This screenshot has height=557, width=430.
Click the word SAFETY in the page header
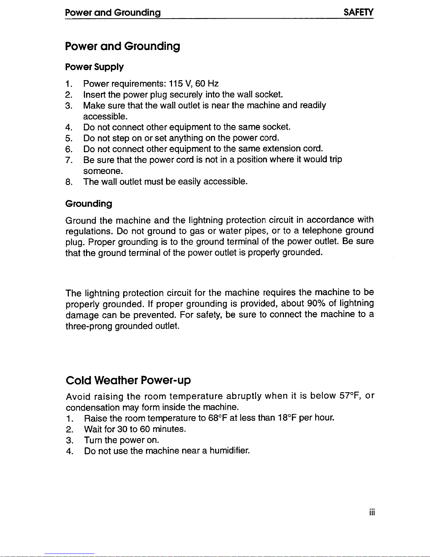pos(358,13)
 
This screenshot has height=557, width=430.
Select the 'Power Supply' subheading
pos(94,67)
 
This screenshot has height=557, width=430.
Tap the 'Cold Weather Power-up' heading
pos(128,380)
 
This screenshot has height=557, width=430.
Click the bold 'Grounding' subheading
pos(89,204)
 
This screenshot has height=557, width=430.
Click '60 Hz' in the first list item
pos(207,84)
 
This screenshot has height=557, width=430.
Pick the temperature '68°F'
pos(218,418)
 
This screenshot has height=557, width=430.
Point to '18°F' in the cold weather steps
pos(287,418)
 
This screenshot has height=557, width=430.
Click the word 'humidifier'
pos(230,451)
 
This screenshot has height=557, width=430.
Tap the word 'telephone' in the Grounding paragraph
pos(322,231)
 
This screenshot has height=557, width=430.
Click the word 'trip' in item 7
pos(336,160)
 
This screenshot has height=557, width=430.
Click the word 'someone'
pos(103,171)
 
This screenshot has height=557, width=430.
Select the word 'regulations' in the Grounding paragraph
pos(89,232)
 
